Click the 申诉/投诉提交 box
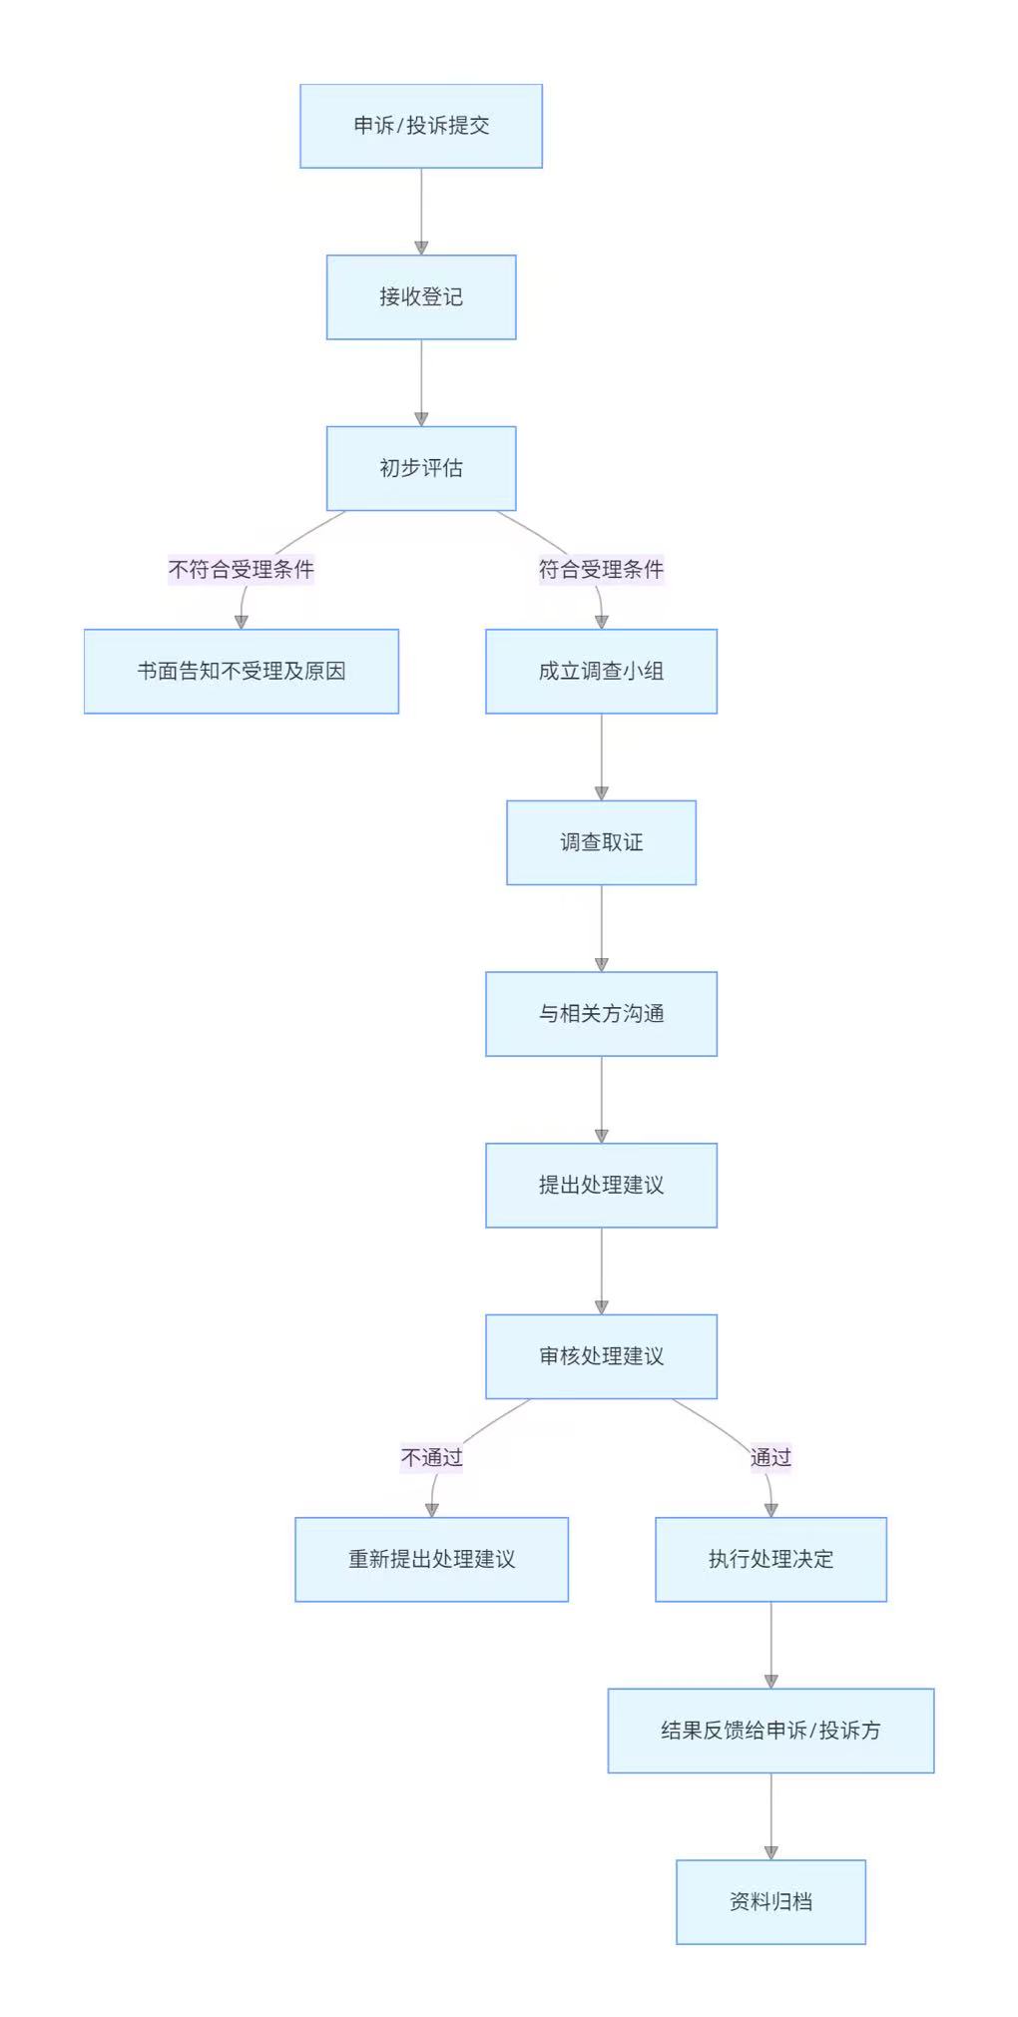coord(420,126)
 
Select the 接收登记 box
coord(420,297)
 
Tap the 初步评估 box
coord(420,468)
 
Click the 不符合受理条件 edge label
coord(241,570)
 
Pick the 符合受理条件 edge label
coord(601,570)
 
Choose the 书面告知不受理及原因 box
coord(241,672)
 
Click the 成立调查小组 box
coord(601,672)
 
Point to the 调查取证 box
coord(601,842)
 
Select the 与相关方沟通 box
coord(601,1014)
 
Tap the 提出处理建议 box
coord(601,1186)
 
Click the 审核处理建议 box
coord(601,1356)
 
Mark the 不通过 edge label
coord(431,1458)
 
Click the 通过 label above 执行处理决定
coord(770,1458)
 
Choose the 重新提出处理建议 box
coord(431,1560)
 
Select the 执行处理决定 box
coord(770,1560)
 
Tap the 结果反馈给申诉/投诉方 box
coord(770,1731)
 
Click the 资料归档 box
coord(770,1902)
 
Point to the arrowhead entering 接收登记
coord(421,248)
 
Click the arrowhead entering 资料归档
coord(770,1852)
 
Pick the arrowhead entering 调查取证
coord(601,793)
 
